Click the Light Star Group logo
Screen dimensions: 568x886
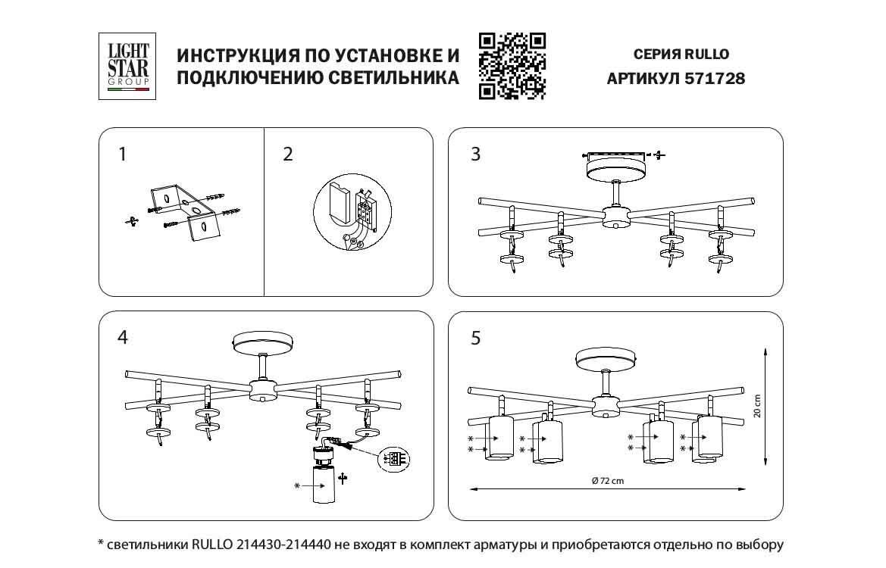(x=127, y=67)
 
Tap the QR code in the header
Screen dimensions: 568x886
(x=512, y=67)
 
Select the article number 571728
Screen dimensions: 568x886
(x=714, y=78)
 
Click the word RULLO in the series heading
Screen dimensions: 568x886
(x=706, y=55)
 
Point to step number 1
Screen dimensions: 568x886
(x=123, y=154)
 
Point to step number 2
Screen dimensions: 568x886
(x=287, y=154)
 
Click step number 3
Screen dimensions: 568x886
(x=475, y=154)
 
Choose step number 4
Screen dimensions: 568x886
(x=123, y=338)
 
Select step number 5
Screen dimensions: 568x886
(x=475, y=338)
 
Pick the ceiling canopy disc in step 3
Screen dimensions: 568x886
(x=615, y=168)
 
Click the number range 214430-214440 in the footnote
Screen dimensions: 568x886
(x=283, y=545)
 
